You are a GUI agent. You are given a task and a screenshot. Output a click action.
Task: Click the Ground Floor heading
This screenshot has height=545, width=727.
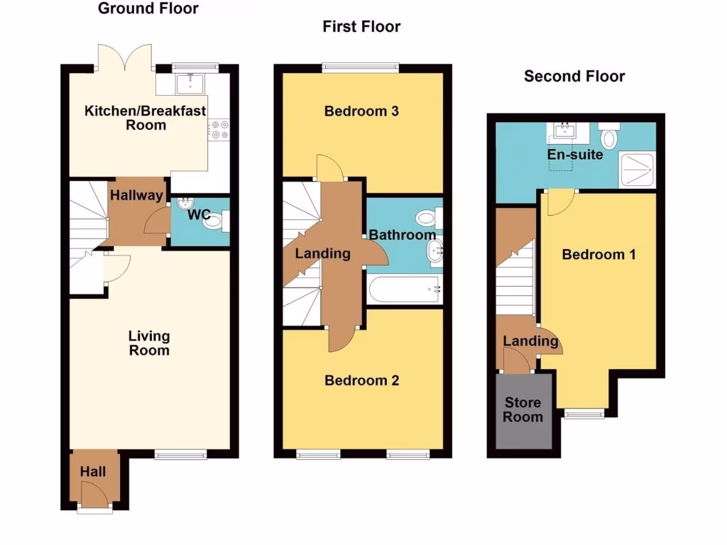tap(148, 9)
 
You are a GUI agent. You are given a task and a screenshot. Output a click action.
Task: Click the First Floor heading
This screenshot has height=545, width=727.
tap(361, 27)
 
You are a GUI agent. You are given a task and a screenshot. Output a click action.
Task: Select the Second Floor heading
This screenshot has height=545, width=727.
tap(574, 76)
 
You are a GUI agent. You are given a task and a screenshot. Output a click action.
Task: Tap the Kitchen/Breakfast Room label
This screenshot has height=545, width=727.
tap(146, 118)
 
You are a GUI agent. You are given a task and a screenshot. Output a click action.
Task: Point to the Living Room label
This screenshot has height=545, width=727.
tap(149, 343)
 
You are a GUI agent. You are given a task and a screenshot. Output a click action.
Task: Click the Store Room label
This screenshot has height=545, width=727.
tap(523, 409)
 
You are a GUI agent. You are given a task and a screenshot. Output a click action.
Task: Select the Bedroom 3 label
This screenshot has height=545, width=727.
tap(361, 111)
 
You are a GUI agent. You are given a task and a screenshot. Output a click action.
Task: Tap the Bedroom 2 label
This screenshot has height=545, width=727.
tap(361, 380)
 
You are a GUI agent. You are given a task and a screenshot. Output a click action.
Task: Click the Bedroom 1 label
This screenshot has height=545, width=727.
tap(598, 254)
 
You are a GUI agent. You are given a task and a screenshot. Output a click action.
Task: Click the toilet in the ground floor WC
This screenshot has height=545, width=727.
tap(214, 222)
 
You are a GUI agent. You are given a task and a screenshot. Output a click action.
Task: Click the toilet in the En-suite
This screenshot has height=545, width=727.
tap(610, 136)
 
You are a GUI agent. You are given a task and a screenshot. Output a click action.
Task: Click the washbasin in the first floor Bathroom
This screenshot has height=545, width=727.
tap(434, 249)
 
